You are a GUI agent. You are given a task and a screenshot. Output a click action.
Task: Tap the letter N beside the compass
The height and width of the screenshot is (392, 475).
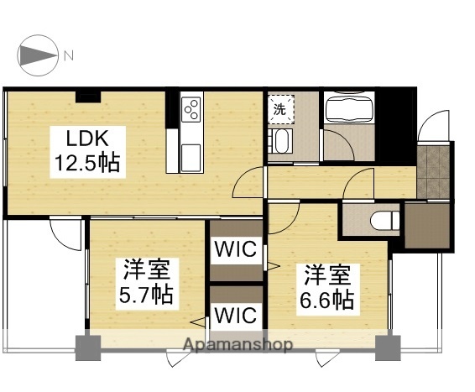pyautogui.click(x=69, y=55)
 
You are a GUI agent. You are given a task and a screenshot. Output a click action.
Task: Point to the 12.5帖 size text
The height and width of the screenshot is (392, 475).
pyautogui.click(x=86, y=162)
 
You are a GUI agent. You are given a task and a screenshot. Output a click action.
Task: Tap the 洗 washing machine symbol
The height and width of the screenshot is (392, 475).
pyautogui.click(x=280, y=107)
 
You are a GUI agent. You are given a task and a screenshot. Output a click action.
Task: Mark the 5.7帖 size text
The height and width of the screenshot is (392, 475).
pyautogui.click(x=146, y=295)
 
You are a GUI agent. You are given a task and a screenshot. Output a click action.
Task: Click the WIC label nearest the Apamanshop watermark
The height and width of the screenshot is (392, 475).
pyautogui.click(x=235, y=315)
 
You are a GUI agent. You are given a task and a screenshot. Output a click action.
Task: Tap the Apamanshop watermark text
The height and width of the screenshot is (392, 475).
pyautogui.click(x=238, y=345)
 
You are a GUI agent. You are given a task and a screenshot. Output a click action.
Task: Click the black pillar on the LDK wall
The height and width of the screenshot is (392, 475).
pyautogui.click(x=85, y=94)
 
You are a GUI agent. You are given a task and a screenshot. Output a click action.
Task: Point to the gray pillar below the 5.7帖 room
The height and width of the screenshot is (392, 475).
pyautogui.click(x=87, y=347)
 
